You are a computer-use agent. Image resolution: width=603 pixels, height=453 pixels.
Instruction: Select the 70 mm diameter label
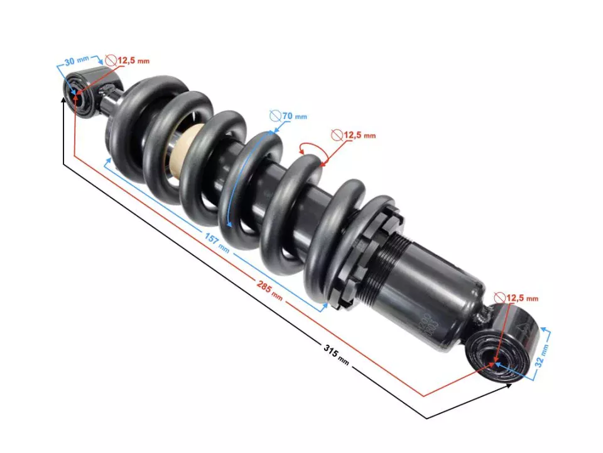pos(293,116)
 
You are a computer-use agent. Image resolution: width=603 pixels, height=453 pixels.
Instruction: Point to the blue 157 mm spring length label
pos(216,241)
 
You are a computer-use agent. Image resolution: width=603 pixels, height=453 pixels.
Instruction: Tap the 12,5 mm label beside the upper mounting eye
pos(133,60)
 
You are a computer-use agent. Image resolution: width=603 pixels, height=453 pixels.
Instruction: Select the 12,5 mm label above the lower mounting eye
pos(521,298)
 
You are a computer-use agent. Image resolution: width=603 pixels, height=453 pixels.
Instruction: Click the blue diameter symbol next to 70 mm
pos(274,116)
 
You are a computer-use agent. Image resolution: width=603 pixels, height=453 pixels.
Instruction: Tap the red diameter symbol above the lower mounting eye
pos(499,298)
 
